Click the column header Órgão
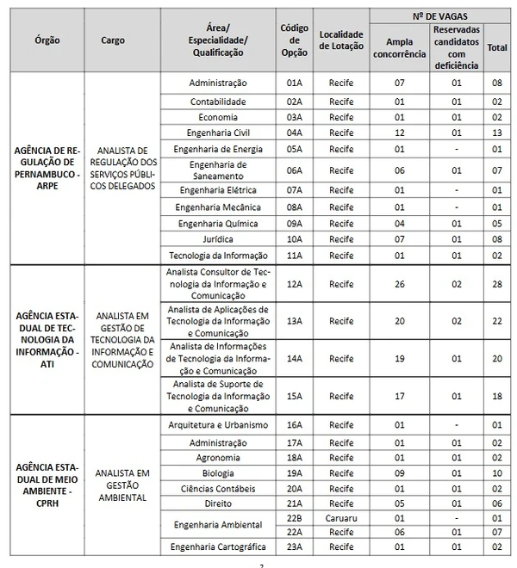click(47, 40)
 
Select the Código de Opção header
click(295, 40)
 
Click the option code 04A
click(295, 133)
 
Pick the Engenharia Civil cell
click(218, 133)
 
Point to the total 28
click(497, 284)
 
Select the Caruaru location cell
click(341, 518)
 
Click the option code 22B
click(295, 518)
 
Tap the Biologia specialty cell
click(218, 472)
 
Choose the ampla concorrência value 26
click(400, 284)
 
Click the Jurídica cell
click(218, 239)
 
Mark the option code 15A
click(295, 397)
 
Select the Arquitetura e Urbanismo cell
click(218, 425)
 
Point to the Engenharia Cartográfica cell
click(218, 547)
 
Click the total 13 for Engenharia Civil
click(497, 133)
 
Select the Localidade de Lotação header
click(341, 40)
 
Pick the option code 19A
click(295, 472)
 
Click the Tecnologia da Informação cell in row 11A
click(218, 255)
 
